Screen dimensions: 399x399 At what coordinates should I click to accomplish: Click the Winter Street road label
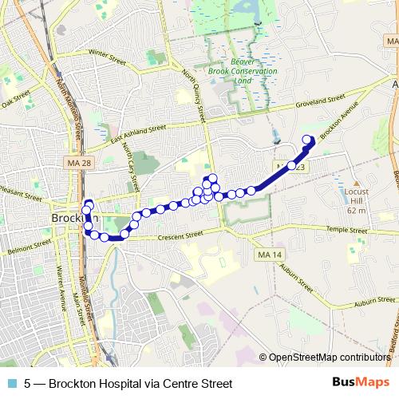[109, 54]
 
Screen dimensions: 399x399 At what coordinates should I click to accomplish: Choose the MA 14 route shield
[271, 255]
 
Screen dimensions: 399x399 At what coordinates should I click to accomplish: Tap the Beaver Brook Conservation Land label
[253, 72]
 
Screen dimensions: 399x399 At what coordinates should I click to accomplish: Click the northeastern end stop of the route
[306, 141]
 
